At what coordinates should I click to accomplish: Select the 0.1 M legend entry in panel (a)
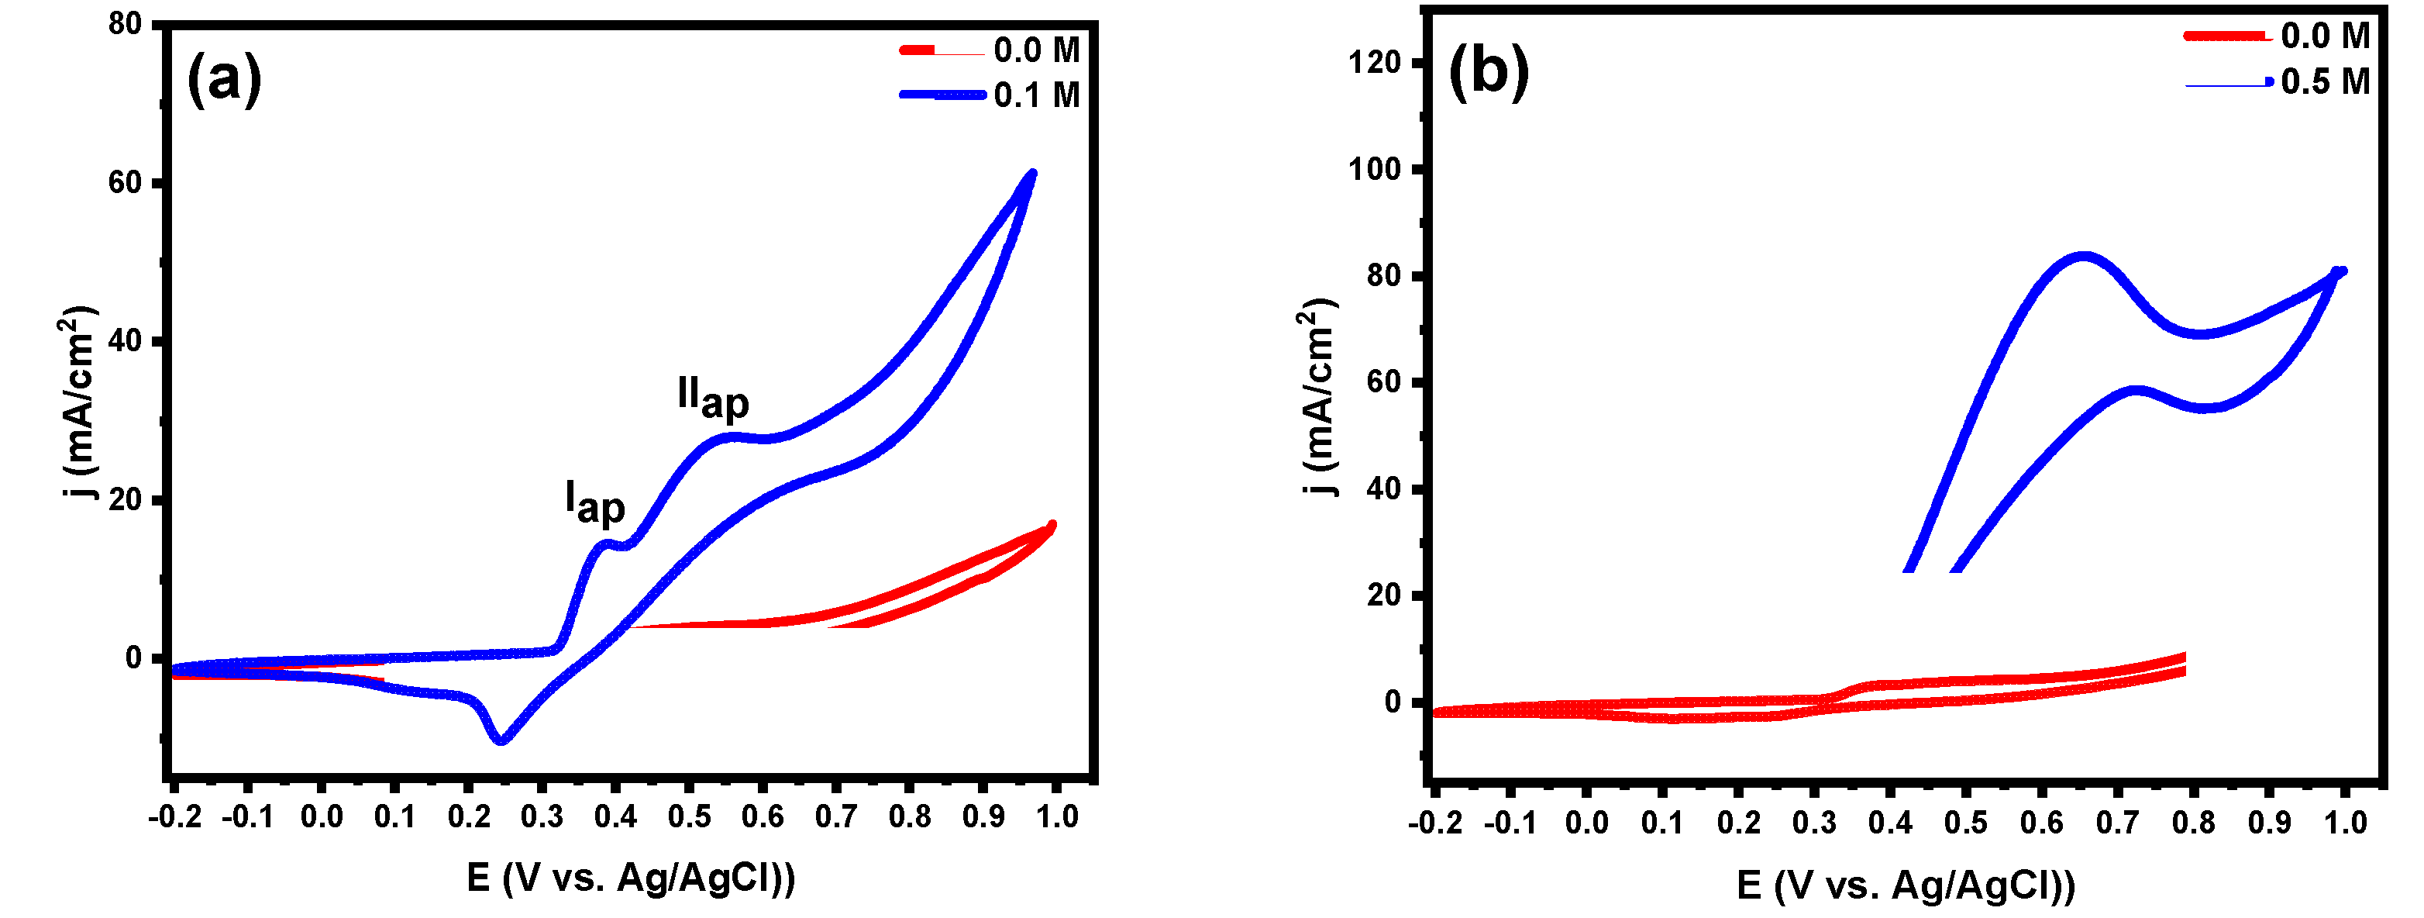[1036, 95]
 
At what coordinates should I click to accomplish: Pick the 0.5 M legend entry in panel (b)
[2324, 82]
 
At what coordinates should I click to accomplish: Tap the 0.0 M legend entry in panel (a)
[1036, 50]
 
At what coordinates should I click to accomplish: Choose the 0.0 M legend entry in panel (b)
[2324, 36]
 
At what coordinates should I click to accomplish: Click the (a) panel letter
[224, 79]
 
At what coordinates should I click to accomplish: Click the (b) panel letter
[1489, 71]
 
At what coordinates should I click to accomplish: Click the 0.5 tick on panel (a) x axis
[689, 816]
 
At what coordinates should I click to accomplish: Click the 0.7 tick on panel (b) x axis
[2117, 822]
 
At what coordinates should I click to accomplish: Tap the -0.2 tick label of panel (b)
[1435, 822]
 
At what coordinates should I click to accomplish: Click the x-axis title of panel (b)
[1906, 885]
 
